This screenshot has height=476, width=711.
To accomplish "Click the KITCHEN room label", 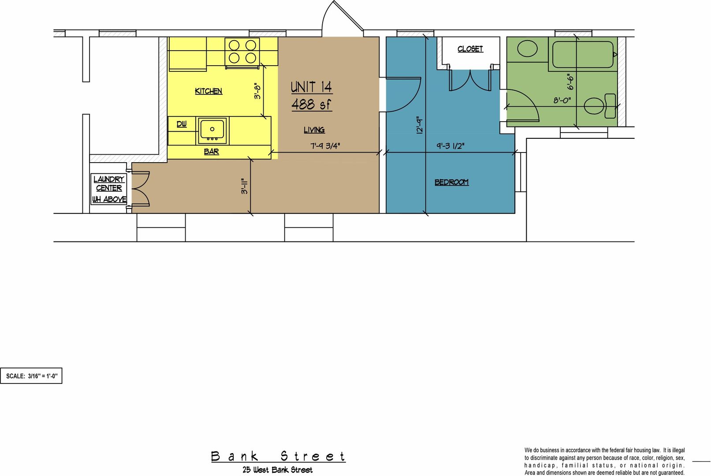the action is click(208, 91).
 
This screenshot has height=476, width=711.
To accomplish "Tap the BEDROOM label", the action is click(451, 182).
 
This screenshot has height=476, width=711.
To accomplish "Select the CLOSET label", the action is click(470, 49).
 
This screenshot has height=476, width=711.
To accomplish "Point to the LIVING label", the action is click(314, 130).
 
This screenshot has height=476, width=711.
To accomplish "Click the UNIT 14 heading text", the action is click(311, 87).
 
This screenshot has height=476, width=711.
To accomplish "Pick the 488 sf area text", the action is click(311, 104).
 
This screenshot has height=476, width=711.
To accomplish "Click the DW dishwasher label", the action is click(182, 124).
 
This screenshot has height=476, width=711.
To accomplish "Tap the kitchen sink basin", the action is click(212, 130).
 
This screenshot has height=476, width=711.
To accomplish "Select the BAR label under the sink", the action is click(211, 152).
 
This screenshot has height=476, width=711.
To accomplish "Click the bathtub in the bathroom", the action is click(583, 55).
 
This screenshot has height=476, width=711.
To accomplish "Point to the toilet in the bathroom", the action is click(600, 106).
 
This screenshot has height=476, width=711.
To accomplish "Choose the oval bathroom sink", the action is click(527, 48).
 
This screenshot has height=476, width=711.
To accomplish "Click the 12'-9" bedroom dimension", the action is click(420, 125).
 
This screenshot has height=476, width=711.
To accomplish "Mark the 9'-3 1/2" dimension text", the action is click(450, 146).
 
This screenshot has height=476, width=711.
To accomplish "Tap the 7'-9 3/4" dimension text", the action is click(325, 146).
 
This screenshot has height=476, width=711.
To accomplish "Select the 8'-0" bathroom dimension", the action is click(562, 100).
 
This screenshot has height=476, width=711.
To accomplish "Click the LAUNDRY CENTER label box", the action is click(109, 189).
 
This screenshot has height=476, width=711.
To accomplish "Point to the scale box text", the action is click(32, 376).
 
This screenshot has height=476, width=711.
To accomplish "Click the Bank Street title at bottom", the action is click(278, 457).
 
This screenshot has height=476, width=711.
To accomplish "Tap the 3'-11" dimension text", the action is click(244, 186).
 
